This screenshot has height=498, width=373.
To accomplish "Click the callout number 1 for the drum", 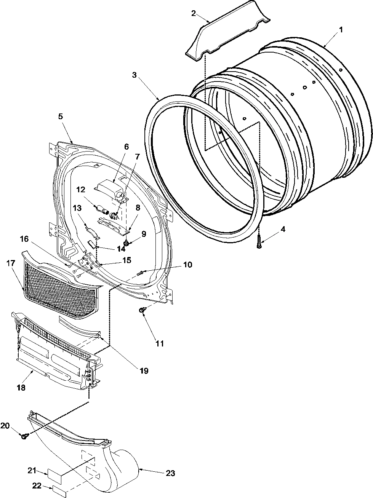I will coord(341,30).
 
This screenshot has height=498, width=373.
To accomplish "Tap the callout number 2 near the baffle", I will coord(194,14).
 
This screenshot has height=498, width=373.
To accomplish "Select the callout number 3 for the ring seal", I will coord(134,75).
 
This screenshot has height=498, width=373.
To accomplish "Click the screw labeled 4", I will coord(259,243).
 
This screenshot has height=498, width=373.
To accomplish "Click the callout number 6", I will coord(126,146).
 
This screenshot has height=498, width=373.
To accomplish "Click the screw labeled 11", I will coord(142,311).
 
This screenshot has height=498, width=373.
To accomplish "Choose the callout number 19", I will coord(144,370).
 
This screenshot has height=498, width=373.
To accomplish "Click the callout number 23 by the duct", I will coord(170,473).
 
